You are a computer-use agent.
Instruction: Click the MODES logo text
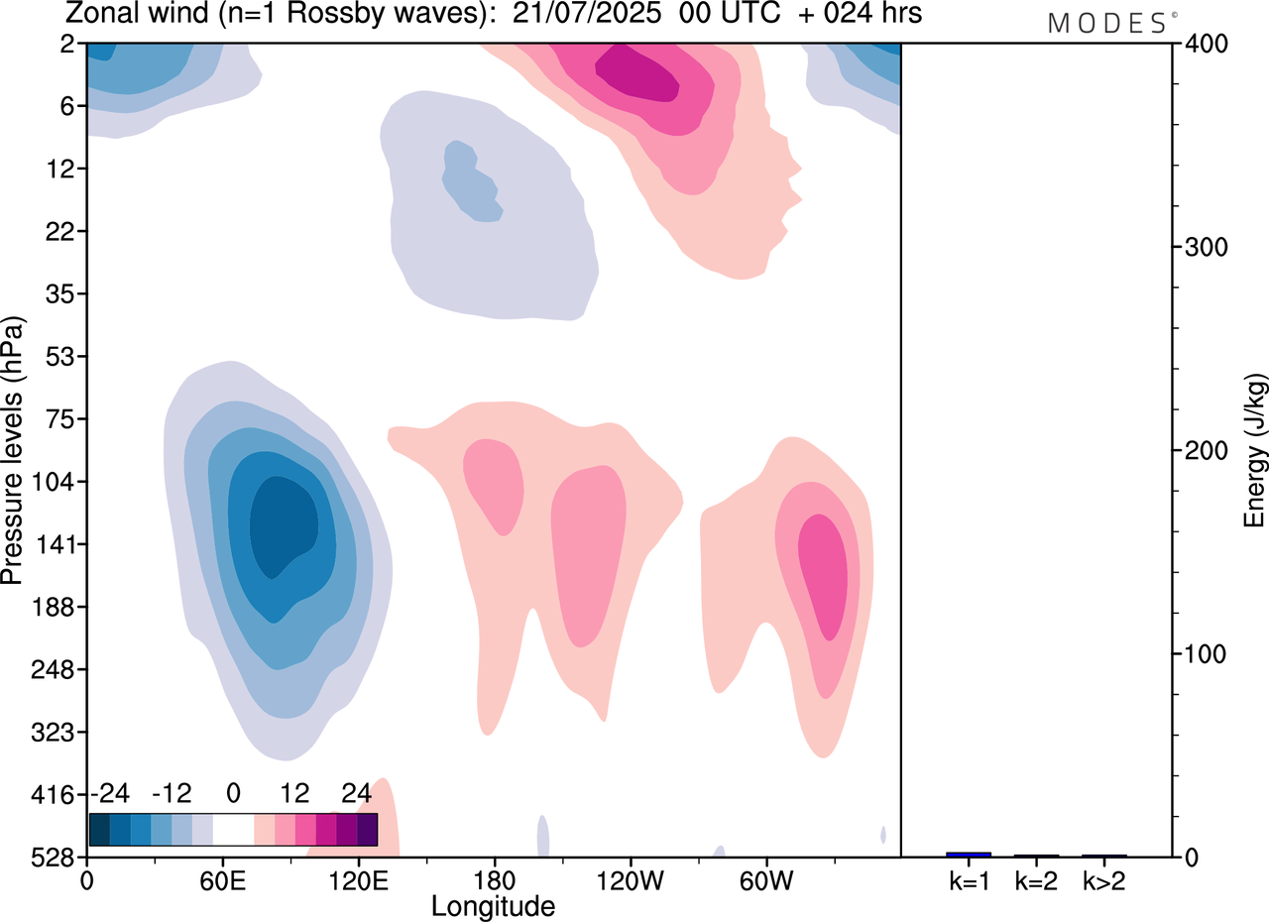tap(1106, 23)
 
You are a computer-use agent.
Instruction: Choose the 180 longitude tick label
tap(494, 879)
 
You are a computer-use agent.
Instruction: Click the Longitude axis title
tap(493, 905)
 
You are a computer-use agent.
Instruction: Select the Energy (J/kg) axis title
tap(1254, 451)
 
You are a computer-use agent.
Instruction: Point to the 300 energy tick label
tap(1201, 247)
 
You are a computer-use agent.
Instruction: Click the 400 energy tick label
tap(1201, 44)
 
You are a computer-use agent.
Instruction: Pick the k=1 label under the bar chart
tap(969, 880)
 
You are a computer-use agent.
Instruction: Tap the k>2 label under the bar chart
tap(1103, 880)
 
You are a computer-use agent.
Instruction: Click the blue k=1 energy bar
tap(969, 855)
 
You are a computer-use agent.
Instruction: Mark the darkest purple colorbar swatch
tap(367, 829)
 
